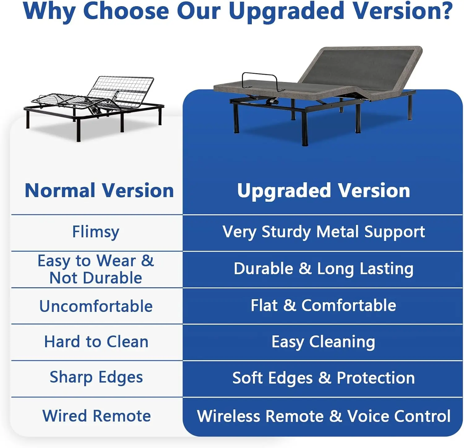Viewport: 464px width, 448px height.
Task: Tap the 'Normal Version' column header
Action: pos(99,190)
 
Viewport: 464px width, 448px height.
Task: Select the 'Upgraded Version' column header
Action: pos(324,190)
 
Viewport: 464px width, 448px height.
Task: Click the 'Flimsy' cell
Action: pos(96,232)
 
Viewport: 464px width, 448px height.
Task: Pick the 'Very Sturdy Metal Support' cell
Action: pos(324,232)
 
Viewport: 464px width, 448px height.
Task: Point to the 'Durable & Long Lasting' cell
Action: pos(324,269)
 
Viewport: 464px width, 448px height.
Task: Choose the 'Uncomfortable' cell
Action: pos(96,306)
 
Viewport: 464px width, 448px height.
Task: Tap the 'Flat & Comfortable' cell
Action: pos(324,305)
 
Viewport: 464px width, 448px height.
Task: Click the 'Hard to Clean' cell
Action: pos(96,342)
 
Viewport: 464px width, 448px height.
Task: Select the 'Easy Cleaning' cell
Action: pos(324,342)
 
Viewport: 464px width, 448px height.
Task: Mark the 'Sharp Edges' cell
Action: pos(96,377)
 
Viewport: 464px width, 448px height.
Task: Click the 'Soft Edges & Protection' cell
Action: pos(324,378)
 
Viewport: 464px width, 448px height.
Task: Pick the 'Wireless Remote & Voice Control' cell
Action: pos(324,416)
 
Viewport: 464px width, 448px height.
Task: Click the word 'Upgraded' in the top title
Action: pos(286,11)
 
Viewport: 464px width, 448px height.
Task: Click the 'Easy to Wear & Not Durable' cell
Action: pos(96,269)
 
